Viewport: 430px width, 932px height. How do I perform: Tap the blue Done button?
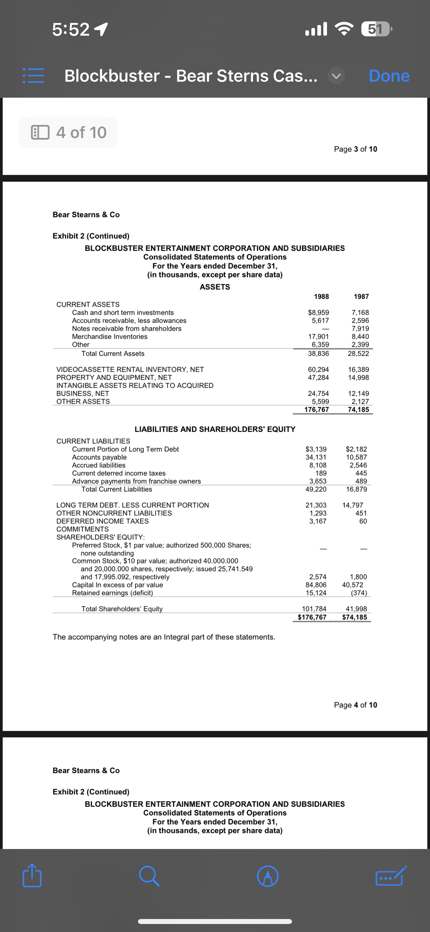click(389, 76)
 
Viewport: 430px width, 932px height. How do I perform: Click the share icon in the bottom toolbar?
click(32, 876)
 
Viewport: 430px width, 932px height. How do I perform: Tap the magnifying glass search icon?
click(149, 876)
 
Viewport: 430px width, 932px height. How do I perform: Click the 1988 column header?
click(321, 297)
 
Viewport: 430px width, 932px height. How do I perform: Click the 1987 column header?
click(361, 297)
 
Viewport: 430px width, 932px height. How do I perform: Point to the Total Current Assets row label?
click(113, 353)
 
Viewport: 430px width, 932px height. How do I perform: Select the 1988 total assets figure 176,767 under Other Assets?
click(316, 410)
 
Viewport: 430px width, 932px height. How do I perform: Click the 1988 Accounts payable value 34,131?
click(316, 457)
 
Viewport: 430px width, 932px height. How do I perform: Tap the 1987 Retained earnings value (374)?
click(359, 593)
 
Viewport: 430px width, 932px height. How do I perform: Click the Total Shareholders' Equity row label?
click(122, 609)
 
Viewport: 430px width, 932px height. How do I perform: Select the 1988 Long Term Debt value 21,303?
click(316, 505)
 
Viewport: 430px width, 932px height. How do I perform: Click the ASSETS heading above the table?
click(215, 287)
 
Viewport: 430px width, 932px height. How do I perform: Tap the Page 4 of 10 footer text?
click(355, 705)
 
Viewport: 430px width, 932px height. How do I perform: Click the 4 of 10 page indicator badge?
click(68, 132)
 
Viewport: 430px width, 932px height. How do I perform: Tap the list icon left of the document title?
click(33, 76)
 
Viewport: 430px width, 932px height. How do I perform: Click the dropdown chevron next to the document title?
click(336, 76)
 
